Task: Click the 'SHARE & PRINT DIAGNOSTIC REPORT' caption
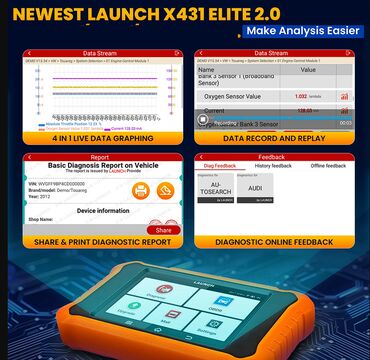pyautogui.click(x=94, y=242)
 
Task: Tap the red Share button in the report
pyautogui.click(x=162, y=229)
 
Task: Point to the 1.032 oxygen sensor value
pyautogui.click(x=301, y=96)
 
